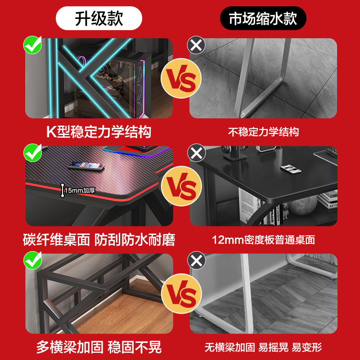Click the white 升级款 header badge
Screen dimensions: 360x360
99,19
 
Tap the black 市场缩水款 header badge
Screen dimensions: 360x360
263,19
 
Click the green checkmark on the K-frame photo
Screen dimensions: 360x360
32,45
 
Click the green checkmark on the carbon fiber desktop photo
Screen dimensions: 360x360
32,153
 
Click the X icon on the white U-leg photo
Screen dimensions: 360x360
196,45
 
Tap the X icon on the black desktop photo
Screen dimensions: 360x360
196,153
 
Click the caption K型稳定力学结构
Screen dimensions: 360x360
99,132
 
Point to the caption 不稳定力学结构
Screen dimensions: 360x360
263,132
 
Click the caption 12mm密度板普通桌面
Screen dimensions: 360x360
263,240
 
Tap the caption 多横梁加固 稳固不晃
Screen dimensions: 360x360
99,347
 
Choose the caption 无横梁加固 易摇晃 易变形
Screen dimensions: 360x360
263,347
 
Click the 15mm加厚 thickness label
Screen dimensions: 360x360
79,190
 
